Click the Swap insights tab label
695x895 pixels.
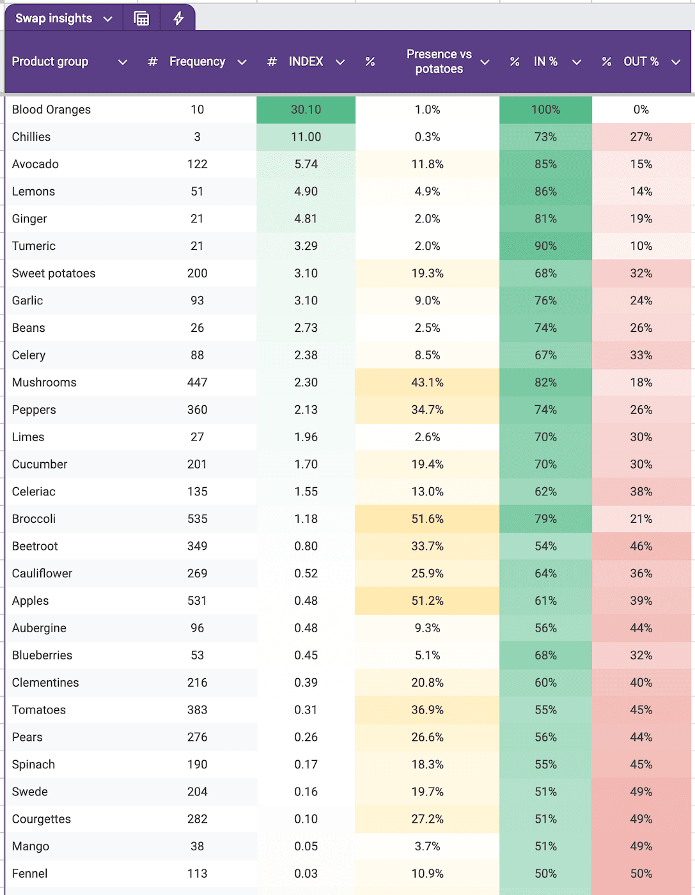click(54, 19)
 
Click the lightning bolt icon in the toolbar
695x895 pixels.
click(178, 19)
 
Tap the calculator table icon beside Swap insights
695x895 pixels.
click(141, 19)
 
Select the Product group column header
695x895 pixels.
click(50, 61)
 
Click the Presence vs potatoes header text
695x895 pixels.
click(439, 61)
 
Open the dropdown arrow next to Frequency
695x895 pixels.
click(242, 62)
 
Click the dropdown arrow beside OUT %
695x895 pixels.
click(676, 62)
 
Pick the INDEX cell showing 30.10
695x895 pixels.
click(306, 109)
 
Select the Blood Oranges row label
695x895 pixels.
click(51, 109)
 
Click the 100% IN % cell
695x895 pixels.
click(545, 109)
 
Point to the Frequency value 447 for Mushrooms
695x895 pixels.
click(197, 382)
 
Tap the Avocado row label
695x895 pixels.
click(35, 164)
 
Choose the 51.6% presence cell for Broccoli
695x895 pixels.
click(427, 519)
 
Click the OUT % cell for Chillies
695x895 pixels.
click(641, 137)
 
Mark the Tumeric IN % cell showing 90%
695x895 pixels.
click(545, 246)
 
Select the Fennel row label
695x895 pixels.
click(29, 874)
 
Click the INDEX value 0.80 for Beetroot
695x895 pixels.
click(306, 547)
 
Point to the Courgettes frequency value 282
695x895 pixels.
click(197, 819)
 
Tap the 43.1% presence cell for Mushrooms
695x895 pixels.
click(427, 382)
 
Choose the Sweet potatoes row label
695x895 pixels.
click(54, 274)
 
